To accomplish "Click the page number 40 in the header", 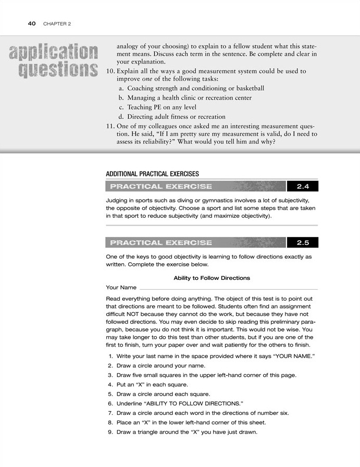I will click(x=31, y=23).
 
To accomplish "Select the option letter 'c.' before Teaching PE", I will click(x=121, y=107).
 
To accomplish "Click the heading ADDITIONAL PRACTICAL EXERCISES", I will click(x=152, y=174).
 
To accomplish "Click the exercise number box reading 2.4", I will click(x=303, y=186).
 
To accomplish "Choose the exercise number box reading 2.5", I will click(x=303, y=242).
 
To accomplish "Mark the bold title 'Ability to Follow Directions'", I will click(x=212, y=278).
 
